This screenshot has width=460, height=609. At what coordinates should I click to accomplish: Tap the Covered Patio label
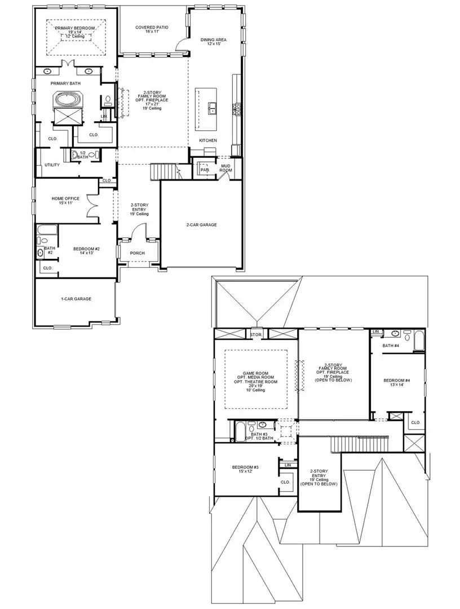152,28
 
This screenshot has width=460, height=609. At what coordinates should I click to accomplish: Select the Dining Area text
214,40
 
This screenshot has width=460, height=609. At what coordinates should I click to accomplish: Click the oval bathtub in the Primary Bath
67,100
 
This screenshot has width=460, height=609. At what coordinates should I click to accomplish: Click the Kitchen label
207,140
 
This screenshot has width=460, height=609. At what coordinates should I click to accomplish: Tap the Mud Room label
226,167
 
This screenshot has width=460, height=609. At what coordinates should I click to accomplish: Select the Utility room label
52,165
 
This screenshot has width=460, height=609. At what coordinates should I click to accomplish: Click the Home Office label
65,198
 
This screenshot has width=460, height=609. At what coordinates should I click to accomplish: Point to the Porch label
137,253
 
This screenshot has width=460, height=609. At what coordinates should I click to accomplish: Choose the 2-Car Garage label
201,224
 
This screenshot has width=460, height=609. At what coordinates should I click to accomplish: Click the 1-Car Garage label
76,299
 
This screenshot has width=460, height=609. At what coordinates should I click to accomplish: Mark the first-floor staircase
162,171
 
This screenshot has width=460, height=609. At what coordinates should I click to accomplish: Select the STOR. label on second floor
256,334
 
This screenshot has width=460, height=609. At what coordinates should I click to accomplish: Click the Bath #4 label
391,345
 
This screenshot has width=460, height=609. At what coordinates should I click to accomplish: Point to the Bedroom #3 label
245,467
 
